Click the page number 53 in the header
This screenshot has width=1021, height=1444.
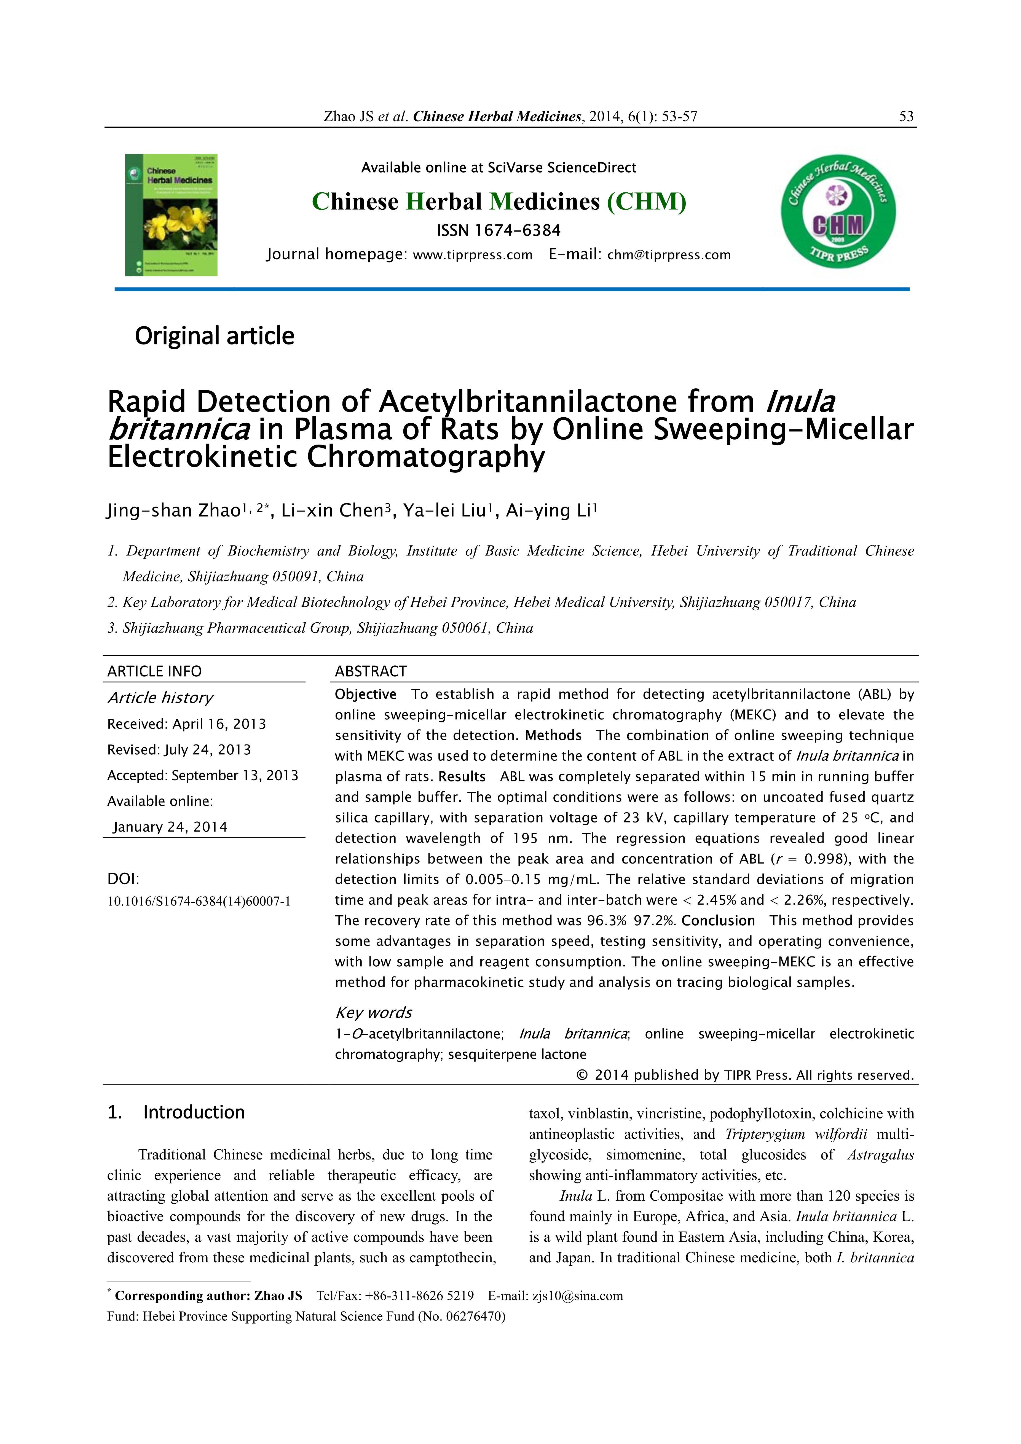(906, 116)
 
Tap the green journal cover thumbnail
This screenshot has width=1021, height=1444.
(171, 215)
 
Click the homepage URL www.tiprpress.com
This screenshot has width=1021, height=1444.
(472, 255)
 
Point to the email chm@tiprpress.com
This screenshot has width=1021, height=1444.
(669, 255)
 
